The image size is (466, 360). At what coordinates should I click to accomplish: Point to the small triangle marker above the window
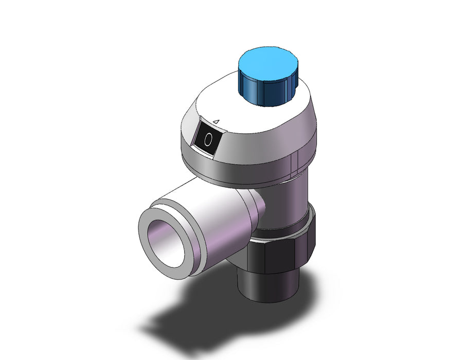pyautogui.click(x=217, y=121)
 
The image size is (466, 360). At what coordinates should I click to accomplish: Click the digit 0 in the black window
pyautogui.click(x=208, y=139)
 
